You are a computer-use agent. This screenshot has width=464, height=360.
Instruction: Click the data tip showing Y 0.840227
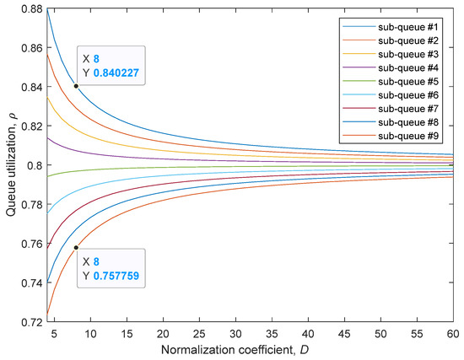click(x=111, y=65)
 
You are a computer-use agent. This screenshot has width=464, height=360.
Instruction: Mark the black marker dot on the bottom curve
click(x=76, y=248)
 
